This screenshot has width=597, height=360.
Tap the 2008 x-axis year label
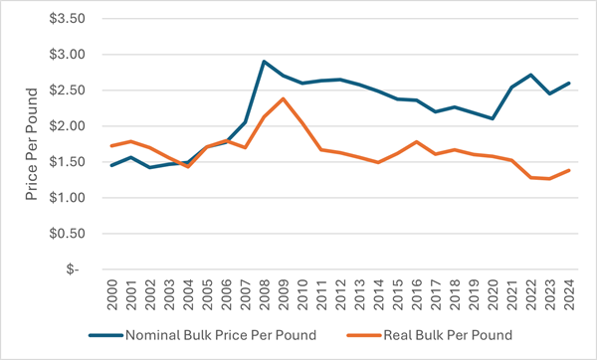click(x=265, y=294)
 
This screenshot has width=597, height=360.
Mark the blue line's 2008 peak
click(x=264, y=62)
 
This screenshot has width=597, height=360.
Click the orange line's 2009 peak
click(x=284, y=98)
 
